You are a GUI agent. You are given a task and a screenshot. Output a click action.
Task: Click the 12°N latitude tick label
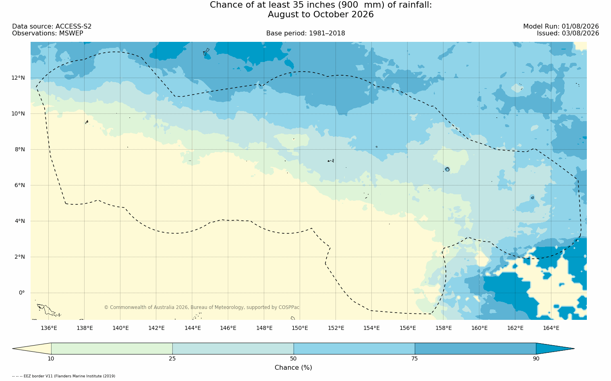(x=18, y=78)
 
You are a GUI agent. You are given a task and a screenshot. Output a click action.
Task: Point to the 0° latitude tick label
(x=22, y=293)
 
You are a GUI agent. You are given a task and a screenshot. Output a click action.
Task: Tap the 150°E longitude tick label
(x=300, y=328)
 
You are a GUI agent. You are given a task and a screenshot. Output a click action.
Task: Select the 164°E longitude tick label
(x=551, y=328)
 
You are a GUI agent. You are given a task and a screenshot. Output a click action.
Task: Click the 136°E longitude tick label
(x=49, y=328)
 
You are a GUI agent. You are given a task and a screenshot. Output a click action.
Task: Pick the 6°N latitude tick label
(x=20, y=185)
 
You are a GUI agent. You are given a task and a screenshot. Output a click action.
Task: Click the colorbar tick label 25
(x=172, y=358)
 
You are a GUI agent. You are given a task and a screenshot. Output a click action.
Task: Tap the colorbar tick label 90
(x=536, y=358)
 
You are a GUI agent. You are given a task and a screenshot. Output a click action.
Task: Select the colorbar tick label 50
(x=293, y=358)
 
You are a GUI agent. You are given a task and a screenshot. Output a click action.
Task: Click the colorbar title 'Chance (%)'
(x=293, y=368)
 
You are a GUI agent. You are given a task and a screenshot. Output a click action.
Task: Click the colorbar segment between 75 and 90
(x=475, y=348)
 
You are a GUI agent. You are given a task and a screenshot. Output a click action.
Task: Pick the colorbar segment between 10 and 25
(x=112, y=348)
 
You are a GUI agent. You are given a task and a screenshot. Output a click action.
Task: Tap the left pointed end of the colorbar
(x=12, y=348)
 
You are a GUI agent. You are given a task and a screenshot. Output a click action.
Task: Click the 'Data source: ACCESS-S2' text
(x=52, y=27)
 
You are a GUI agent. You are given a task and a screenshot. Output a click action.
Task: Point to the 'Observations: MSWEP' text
(x=48, y=33)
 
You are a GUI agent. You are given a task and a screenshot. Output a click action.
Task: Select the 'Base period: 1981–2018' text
(x=305, y=33)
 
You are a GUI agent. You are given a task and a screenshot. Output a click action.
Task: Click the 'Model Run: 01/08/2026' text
(x=561, y=27)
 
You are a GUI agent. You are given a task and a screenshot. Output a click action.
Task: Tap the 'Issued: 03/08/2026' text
(x=568, y=33)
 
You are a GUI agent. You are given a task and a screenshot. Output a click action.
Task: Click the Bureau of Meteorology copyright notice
(x=201, y=307)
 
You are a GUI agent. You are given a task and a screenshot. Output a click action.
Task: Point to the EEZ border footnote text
(x=64, y=376)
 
